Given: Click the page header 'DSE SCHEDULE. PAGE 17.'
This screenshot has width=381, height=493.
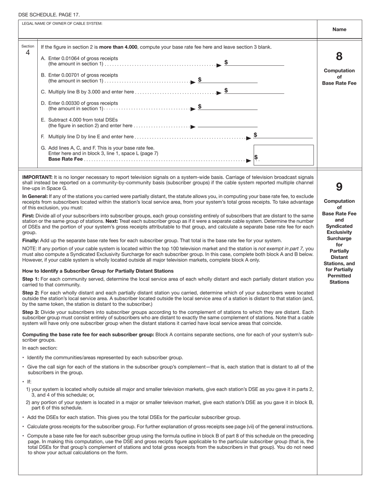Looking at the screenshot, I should click(x=49, y=15).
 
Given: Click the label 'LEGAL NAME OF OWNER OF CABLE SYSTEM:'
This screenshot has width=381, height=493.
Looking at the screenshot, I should click(x=62, y=23).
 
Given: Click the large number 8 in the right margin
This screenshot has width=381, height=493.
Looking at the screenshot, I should click(x=339, y=57).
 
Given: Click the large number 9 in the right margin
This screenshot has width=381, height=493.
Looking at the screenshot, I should click(x=339, y=187).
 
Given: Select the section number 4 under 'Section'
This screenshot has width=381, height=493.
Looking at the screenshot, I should click(x=28, y=52).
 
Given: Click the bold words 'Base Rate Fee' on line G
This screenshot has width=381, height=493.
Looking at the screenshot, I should click(x=65, y=159).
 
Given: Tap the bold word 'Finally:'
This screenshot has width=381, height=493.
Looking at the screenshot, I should click(x=30, y=240).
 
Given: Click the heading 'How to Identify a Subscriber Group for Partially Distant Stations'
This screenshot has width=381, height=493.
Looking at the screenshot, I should click(x=98, y=271).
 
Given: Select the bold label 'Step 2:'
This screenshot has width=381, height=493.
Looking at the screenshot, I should click(x=30, y=293).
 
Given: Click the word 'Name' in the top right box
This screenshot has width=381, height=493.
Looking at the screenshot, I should click(x=339, y=29).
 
